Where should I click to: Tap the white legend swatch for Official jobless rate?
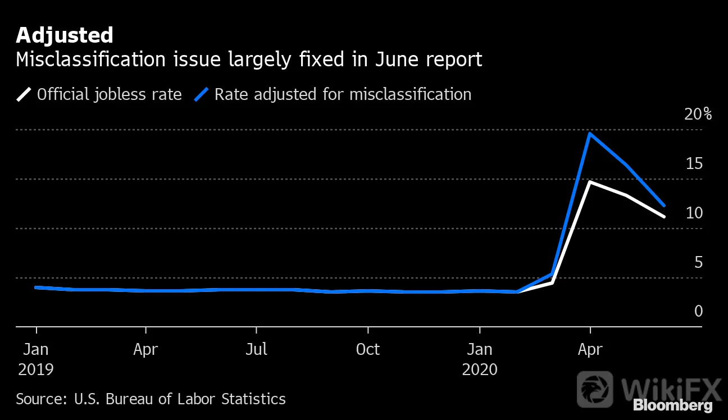[x=24, y=94]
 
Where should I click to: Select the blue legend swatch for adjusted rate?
[x=201, y=94]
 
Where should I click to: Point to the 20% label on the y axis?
[x=698, y=114]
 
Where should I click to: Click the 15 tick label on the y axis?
[x=694, y=163]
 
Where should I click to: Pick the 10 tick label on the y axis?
[x=694, y=213]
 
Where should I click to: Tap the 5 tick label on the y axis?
[x=698, y=262]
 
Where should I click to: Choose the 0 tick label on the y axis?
[x=698, y=311]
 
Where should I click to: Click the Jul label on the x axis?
[x=256, y=349]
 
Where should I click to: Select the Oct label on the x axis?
[x=367, y=349]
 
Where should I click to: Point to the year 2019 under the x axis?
[x=36, y=369]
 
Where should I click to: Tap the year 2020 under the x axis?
[x=480, y=369]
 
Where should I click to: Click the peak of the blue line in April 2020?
[x=590, y=134]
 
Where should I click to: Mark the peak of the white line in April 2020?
[x=590, y=182]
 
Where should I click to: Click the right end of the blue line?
[x=664, y=206]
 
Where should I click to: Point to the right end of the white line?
[x=664, y=216]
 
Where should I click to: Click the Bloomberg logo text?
[x=673, y=405]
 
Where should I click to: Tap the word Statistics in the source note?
[x=253, y=399]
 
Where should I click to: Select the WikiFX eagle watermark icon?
[x=595, y=389]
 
